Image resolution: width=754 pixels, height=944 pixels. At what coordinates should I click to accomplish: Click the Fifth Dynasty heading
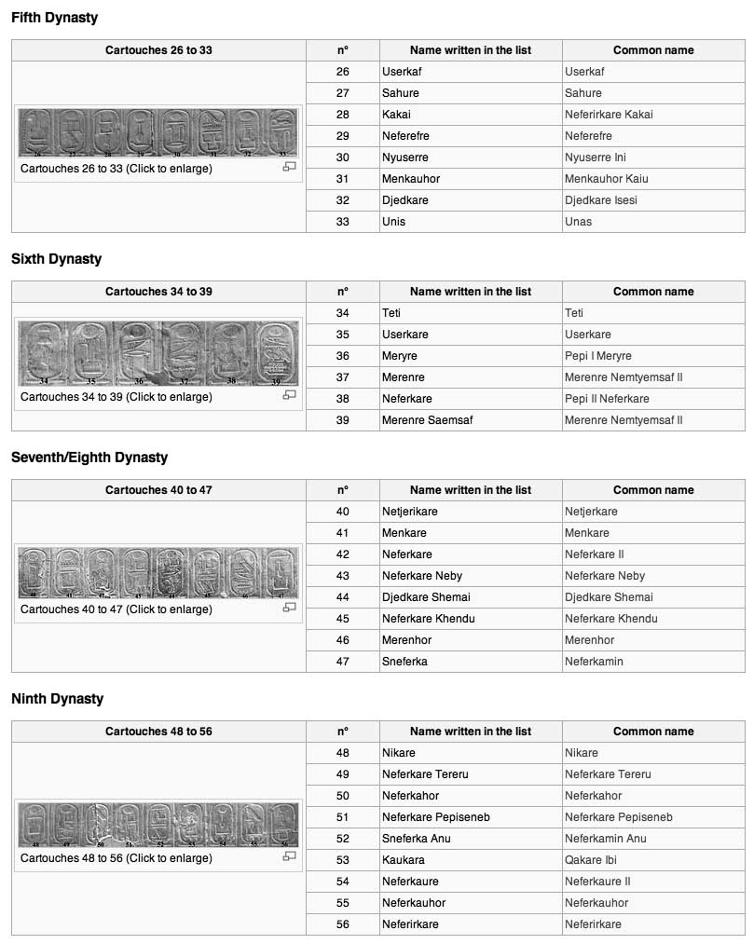tap(54, 18)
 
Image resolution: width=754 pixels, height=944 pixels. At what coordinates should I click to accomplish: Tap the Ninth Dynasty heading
tap(57, 699)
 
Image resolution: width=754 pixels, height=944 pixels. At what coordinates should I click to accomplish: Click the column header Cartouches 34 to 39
tap(158, 292)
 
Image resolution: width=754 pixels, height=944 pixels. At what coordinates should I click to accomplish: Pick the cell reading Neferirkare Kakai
tap(609, 115)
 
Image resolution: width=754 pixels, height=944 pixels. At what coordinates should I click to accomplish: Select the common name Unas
tap(578, 222)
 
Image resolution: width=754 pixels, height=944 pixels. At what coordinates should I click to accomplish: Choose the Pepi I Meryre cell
tap(598, 356)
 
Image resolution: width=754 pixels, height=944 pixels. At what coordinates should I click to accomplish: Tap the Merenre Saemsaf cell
tap(427, 420)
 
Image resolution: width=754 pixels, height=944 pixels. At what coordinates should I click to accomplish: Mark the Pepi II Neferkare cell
tap(607, 399)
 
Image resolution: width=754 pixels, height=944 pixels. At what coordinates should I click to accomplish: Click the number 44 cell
tap(343, 597)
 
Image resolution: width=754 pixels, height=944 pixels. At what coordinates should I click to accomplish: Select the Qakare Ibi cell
tap(591, 860)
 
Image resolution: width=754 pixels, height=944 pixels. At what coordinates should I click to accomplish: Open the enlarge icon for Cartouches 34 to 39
tap(289, 395)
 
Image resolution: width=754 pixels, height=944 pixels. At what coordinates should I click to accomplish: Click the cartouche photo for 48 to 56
tap(158, 825)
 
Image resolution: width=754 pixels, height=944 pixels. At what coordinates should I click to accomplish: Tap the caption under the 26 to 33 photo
tap(117, 169)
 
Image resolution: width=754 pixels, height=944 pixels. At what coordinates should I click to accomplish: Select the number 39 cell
tap(343, 420)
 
